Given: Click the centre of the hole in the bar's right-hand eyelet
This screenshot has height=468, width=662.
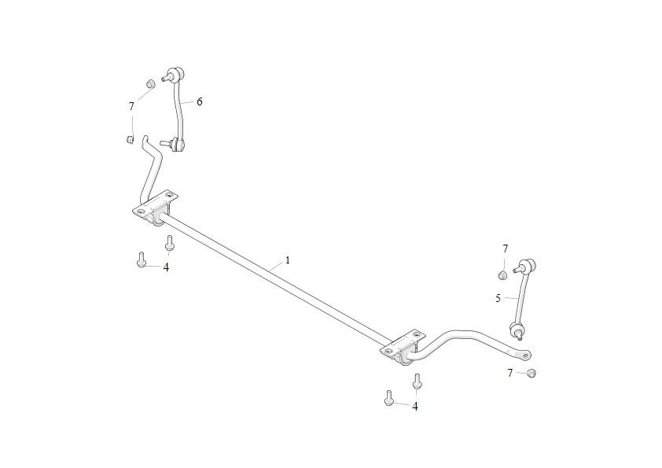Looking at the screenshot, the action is [525, 356].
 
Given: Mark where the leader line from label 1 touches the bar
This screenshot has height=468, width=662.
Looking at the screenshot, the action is [269, 271].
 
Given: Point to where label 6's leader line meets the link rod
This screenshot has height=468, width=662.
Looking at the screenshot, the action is [180, 102].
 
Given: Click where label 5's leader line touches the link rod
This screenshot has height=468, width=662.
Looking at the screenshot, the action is [518, 298].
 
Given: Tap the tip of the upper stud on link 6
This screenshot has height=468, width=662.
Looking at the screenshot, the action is [163, 78].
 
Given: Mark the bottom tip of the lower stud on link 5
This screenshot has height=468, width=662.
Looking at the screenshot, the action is [519, 339].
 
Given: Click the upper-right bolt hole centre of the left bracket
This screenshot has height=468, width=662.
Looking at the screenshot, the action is [170, 196].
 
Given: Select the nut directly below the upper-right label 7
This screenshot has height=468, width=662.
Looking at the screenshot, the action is [502, 275].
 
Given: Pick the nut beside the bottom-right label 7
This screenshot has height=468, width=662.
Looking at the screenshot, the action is [531, 373].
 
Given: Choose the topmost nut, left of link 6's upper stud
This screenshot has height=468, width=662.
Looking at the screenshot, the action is [151, 83].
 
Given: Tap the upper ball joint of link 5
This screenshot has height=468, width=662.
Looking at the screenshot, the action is [529, 266].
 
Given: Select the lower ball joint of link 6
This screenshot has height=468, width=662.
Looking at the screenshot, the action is [178, 145].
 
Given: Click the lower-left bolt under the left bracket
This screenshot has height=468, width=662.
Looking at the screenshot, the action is [142, 260].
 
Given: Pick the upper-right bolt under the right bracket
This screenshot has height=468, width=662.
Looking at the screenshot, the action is [417, 381].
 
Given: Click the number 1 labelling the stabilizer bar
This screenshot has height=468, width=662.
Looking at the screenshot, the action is [288, 260].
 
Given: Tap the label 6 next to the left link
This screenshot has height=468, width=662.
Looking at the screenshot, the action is [199, 101].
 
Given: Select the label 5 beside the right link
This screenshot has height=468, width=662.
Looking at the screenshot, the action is [498, 299].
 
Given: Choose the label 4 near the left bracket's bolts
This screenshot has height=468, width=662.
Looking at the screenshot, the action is [166, 267].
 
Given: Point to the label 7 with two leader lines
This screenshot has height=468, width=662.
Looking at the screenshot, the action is [131, 106].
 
